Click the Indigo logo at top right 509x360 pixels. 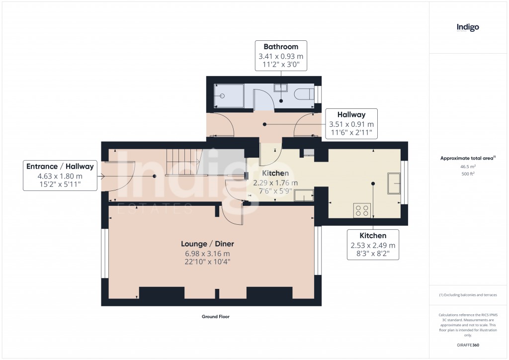coord(468,27)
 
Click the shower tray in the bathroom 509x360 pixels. coord(229,96)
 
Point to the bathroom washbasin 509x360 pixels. coord(280,88)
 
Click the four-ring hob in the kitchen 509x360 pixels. coord(362,210)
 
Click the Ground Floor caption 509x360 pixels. coord(215,317)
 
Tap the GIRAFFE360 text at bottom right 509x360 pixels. coord(468,345)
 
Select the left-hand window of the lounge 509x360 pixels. coord(105,253)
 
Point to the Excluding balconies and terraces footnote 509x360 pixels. coord(468,295)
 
